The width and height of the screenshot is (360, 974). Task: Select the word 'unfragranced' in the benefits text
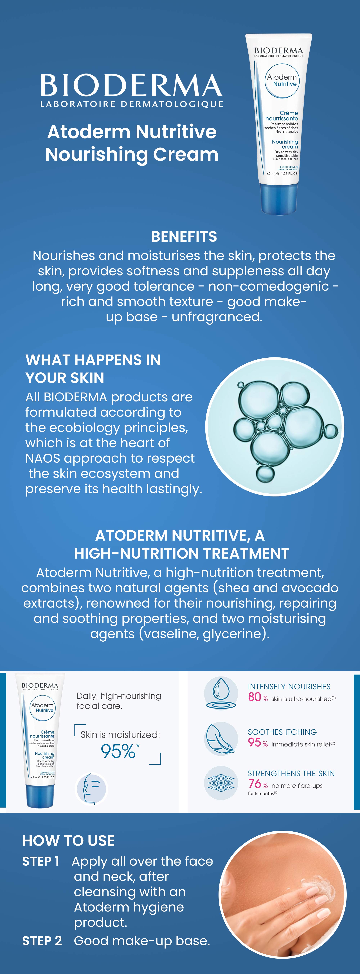pyautogui.click(x=216, y=317)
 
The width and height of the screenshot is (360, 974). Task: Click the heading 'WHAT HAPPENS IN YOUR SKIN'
pyautogui.click(x=93, y=369)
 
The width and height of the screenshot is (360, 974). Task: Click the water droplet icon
pyautogui.click(x=221, y=693)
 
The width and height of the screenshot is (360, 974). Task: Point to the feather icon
pyautogui.click(x=221, y=739)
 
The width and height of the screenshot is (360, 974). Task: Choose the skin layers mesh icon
pyautogui.click(x=221, y=783)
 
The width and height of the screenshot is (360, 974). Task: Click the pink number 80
pyautogui.click(x=255, y=697)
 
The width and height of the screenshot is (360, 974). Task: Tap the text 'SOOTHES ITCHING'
pyautogui.click(x=282, y=732)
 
